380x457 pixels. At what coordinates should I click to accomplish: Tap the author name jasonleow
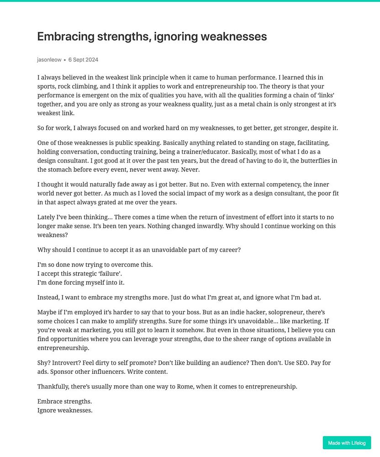coord(49,60)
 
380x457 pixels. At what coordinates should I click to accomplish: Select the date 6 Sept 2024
coord(83,60)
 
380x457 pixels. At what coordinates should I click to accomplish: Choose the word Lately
coord(47,217)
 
